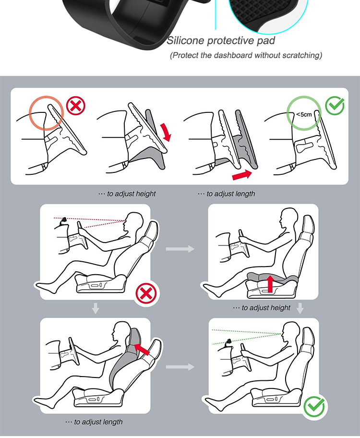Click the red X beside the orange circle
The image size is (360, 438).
(75, 106)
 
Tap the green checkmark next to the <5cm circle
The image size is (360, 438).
(335, 106)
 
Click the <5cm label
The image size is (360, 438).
(304, 114)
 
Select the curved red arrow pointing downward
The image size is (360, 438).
(166, 132)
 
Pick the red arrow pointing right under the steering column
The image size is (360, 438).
(242, 175)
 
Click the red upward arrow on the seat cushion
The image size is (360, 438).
(270, 283)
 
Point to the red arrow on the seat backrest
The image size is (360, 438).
(142, 349)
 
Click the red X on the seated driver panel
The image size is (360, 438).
(146, 294)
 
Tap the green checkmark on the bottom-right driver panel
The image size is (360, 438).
(314, 406)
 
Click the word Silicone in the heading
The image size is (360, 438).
(185, 40)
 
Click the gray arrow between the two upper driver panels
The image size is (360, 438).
(180, 248)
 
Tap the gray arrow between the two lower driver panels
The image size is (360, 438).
(180, 366)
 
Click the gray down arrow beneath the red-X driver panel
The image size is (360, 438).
(96, 308)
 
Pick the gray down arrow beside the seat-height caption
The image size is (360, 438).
(300, 308)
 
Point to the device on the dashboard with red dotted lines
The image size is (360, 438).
(64, 220)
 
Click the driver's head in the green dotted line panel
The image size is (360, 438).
(291, 331)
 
